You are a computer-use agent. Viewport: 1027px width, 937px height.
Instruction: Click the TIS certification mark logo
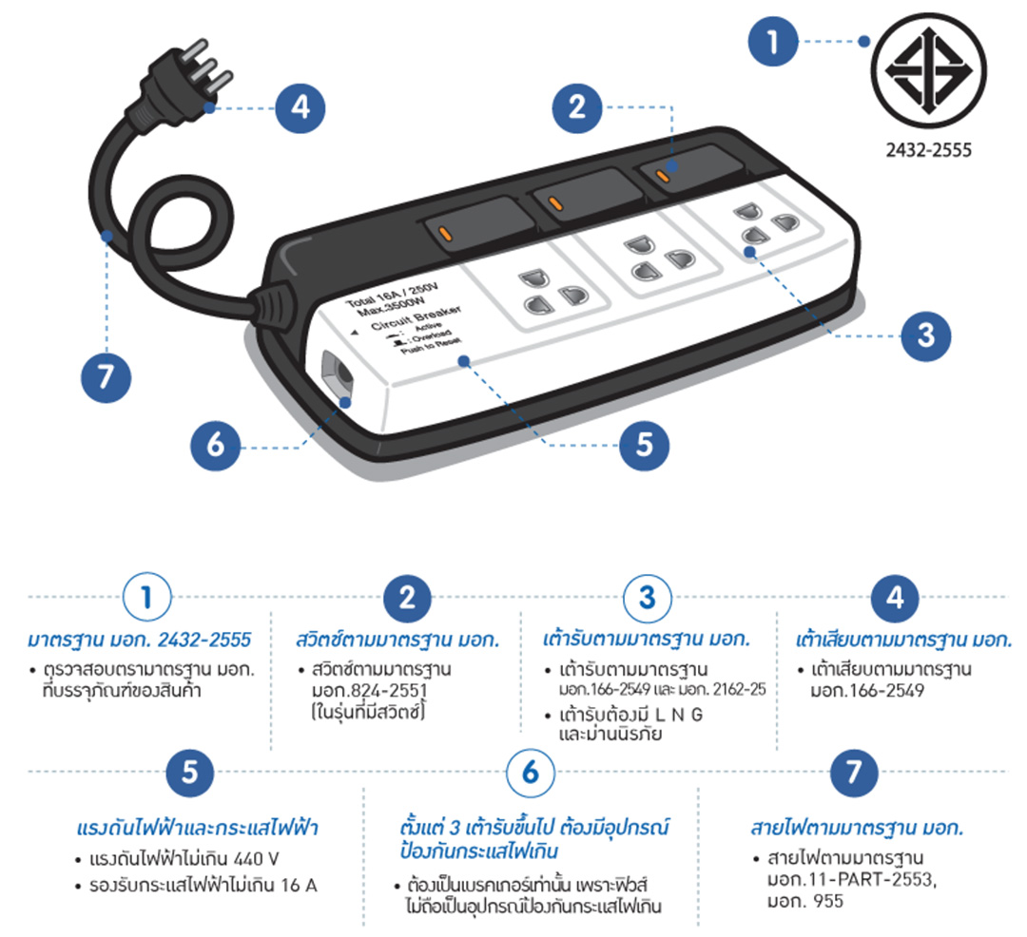click(x=929, y=70)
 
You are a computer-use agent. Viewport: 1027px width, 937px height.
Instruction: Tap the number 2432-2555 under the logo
click(x=929, y=150)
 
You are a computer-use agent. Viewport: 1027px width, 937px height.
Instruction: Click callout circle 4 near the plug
click(x=300, y=108)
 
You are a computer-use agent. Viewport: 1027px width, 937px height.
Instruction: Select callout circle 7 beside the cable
click(x=107, y=377)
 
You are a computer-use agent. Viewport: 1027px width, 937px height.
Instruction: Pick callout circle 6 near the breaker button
click(x=216, y=445)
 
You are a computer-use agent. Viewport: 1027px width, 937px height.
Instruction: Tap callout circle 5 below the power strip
click(x=645, y=445)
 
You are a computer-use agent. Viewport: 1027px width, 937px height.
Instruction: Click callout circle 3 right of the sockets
click(x=925, y=335)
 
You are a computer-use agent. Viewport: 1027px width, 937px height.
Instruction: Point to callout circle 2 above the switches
click(x=577, y=107)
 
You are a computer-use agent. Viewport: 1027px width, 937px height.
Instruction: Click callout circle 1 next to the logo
click(x=773, y=41)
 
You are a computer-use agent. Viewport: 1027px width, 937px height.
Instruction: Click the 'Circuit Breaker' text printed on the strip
click(x=417, y=317)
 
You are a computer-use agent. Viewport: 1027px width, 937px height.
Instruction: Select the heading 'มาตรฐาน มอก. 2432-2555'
click(x=140, y=640)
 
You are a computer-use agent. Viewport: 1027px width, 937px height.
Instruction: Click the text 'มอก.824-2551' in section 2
click(x=369, y=690)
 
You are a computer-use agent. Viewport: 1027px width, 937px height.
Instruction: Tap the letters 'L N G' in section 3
click(x=679, y=715)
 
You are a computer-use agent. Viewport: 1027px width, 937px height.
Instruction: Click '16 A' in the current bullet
click(x=300, y=886)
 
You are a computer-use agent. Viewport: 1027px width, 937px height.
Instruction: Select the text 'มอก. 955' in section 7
click(x=805, y=901)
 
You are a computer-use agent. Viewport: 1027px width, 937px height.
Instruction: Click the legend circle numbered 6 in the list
click(x=531, y=773)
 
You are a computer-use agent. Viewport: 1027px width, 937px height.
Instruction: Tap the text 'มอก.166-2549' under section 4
click(x=867, y=690)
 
